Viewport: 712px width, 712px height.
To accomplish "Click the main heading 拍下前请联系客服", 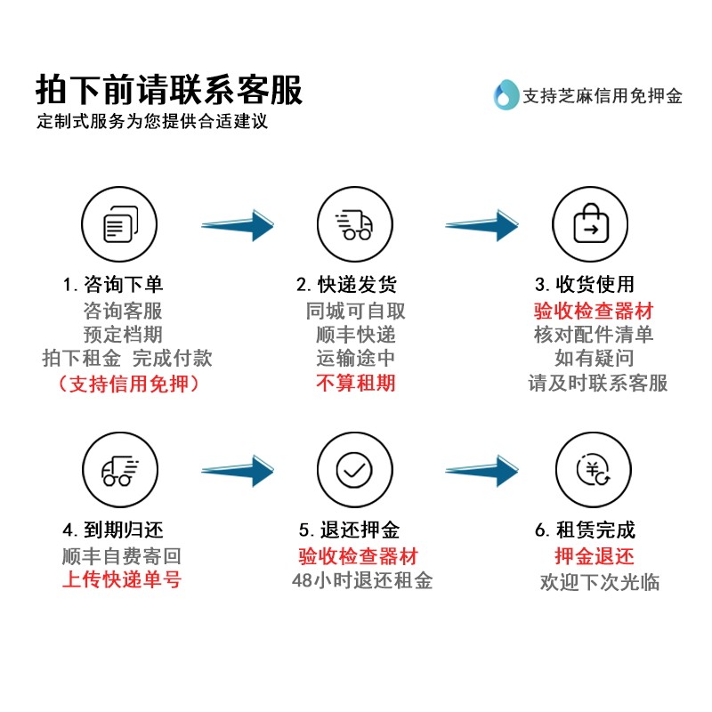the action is click(169, 90).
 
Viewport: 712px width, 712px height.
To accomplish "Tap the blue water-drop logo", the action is click(506, 94).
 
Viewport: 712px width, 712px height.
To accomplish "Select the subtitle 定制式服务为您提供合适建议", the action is click(152, 121).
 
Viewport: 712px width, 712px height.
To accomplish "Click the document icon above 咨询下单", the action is click(120, 224).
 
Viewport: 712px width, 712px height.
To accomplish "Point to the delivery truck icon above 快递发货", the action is click(354, 224).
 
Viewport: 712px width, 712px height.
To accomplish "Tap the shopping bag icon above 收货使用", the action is click(590, 223).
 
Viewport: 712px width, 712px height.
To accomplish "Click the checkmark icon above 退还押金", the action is click(354, 470).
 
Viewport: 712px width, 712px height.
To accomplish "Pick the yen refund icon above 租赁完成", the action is click(593, 469).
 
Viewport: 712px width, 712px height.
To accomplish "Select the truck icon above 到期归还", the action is click(120, 471).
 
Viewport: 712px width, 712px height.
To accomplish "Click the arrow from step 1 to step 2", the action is click(238, 225).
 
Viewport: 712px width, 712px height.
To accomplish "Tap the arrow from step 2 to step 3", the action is click(481, 225).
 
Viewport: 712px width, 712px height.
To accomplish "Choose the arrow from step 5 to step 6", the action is click(481, 471).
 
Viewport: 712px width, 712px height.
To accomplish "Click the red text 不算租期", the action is click(355, 383).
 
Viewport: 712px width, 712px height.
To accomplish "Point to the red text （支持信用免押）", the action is click(128, 384).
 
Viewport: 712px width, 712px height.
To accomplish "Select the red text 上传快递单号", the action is click(122, 579).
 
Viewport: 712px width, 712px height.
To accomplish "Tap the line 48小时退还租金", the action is click(362, 580).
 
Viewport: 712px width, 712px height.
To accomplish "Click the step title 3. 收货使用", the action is click(585, 284).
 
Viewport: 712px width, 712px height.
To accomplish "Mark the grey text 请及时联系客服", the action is click(597, 383).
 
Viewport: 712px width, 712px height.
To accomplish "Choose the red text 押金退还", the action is click(594, 555).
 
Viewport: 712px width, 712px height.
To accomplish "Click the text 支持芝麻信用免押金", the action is click(603, 96).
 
